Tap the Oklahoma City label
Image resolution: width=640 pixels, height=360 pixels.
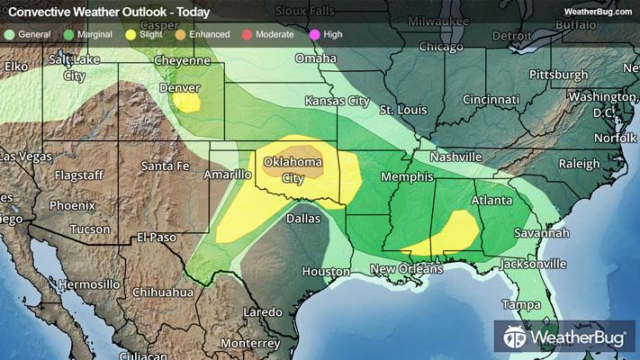tap(293, 169)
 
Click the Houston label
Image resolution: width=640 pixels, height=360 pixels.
tap(325, 271)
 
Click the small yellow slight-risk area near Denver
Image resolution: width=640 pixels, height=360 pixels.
tap(187, 102)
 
